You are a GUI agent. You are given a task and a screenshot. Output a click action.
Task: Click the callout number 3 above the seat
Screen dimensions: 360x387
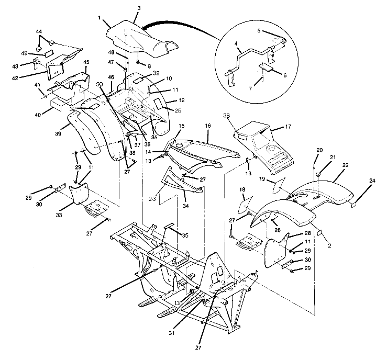point(139,9)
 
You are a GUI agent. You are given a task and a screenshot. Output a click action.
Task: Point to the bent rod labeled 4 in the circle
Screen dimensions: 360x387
point(247,58)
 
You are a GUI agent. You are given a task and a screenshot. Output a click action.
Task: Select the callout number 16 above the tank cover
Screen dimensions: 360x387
point(207,126)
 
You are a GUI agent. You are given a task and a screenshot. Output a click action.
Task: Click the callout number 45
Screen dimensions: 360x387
point(87,62)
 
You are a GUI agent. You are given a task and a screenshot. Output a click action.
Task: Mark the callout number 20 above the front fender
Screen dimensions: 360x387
point(319,150)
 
